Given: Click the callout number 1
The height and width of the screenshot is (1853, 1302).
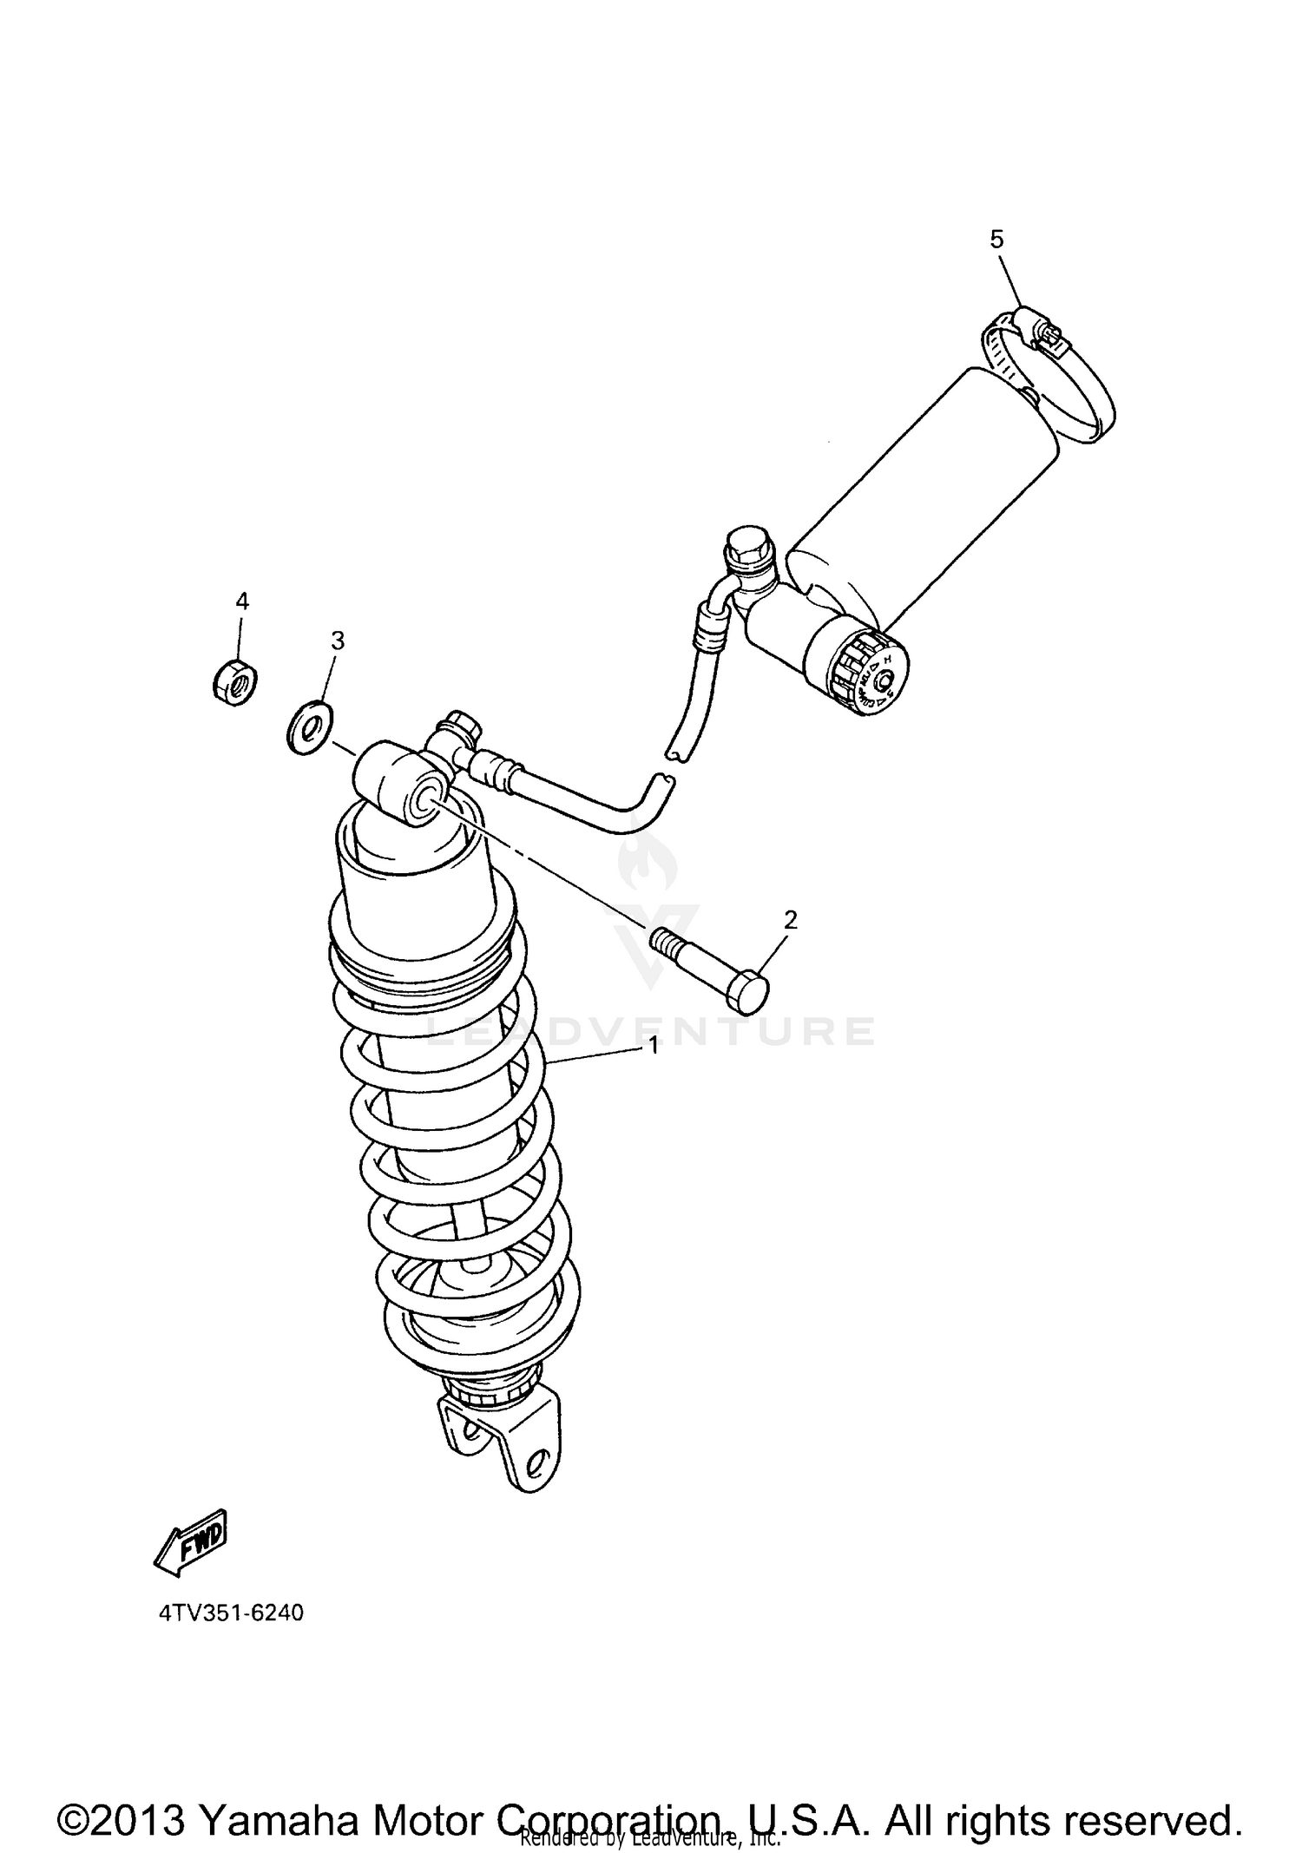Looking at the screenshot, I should click(x=653, y=1047).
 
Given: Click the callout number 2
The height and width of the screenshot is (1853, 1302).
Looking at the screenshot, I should click(x=790, y=920).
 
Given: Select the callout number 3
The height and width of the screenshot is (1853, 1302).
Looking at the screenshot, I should click(x=338, y=641).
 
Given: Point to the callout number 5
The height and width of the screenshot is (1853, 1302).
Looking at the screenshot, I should click(x=996, y=240).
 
